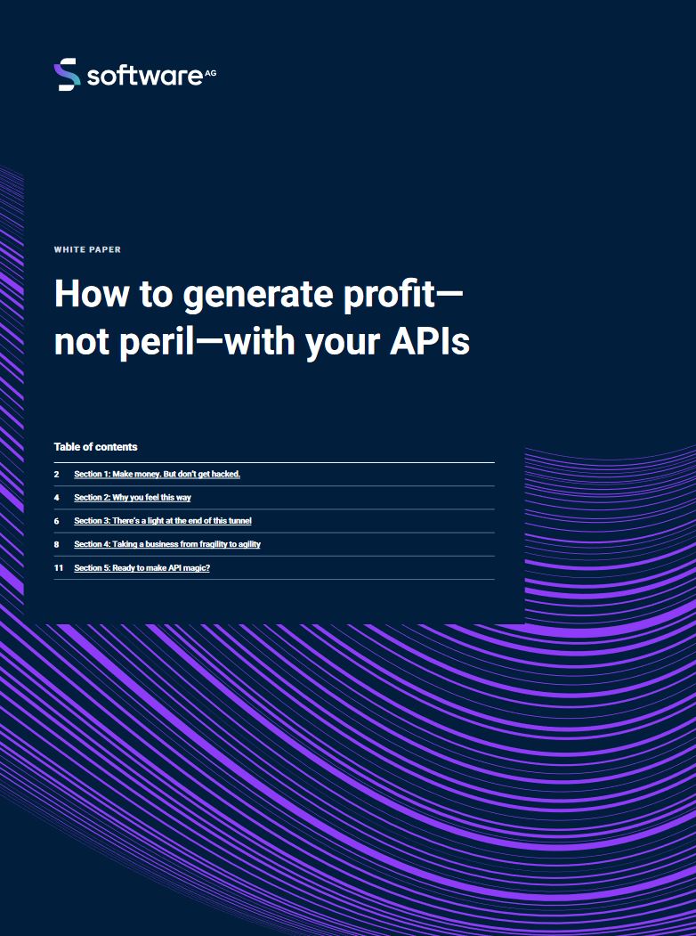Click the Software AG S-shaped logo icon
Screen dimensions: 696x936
(x=67, y=74)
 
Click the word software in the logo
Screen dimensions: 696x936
(x=145, y=76)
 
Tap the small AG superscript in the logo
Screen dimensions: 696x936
(x=211, y=73)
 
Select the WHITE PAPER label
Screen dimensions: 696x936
(x=87, y=249)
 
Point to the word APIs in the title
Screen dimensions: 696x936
(x=429, y=342)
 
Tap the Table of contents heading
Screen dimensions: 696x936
(x=95, y=446)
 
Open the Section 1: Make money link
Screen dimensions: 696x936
(x=157, y=474)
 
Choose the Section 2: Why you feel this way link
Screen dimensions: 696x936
(x=133, y=497)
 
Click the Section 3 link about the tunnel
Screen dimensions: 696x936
(x=163, y=520)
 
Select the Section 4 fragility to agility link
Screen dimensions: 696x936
(x=167, y=544)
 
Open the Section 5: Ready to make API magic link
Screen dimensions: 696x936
(x=142, y=567)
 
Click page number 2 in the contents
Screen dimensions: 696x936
(x=57, y=474)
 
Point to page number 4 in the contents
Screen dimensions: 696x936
(x=57, y=497)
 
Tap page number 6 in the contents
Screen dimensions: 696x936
(x=57, y=520)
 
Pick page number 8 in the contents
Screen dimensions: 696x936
(x=57, y=544)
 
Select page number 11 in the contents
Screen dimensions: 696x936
(x=59, y=567)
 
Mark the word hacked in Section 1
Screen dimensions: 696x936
(x=226, y=474)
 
